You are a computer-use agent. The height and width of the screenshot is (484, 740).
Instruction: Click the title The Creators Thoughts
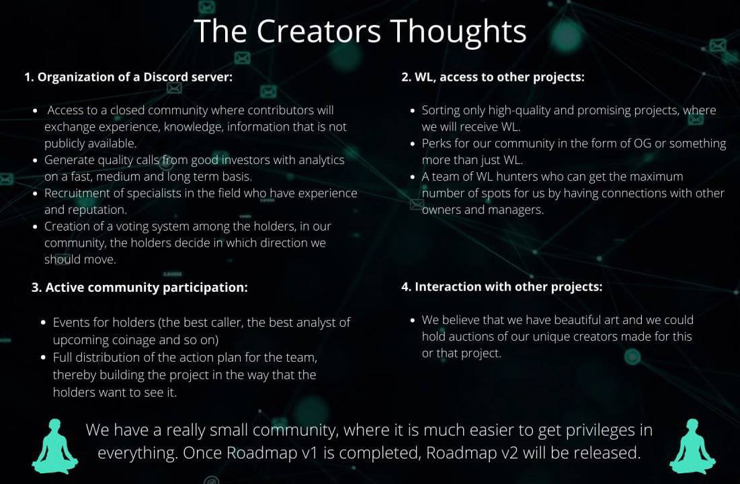point(360,31)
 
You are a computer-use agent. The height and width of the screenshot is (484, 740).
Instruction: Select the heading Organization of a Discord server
point(128,77)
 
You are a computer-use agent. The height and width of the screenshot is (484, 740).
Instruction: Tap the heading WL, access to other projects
point(493,77)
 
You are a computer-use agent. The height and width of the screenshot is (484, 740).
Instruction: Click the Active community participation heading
point(140,287)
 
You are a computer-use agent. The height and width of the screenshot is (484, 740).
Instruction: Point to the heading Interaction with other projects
point(501,286)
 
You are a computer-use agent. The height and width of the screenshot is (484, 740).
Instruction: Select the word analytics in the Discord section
point(317,160)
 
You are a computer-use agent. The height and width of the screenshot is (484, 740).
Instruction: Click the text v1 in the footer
point(307,452)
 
